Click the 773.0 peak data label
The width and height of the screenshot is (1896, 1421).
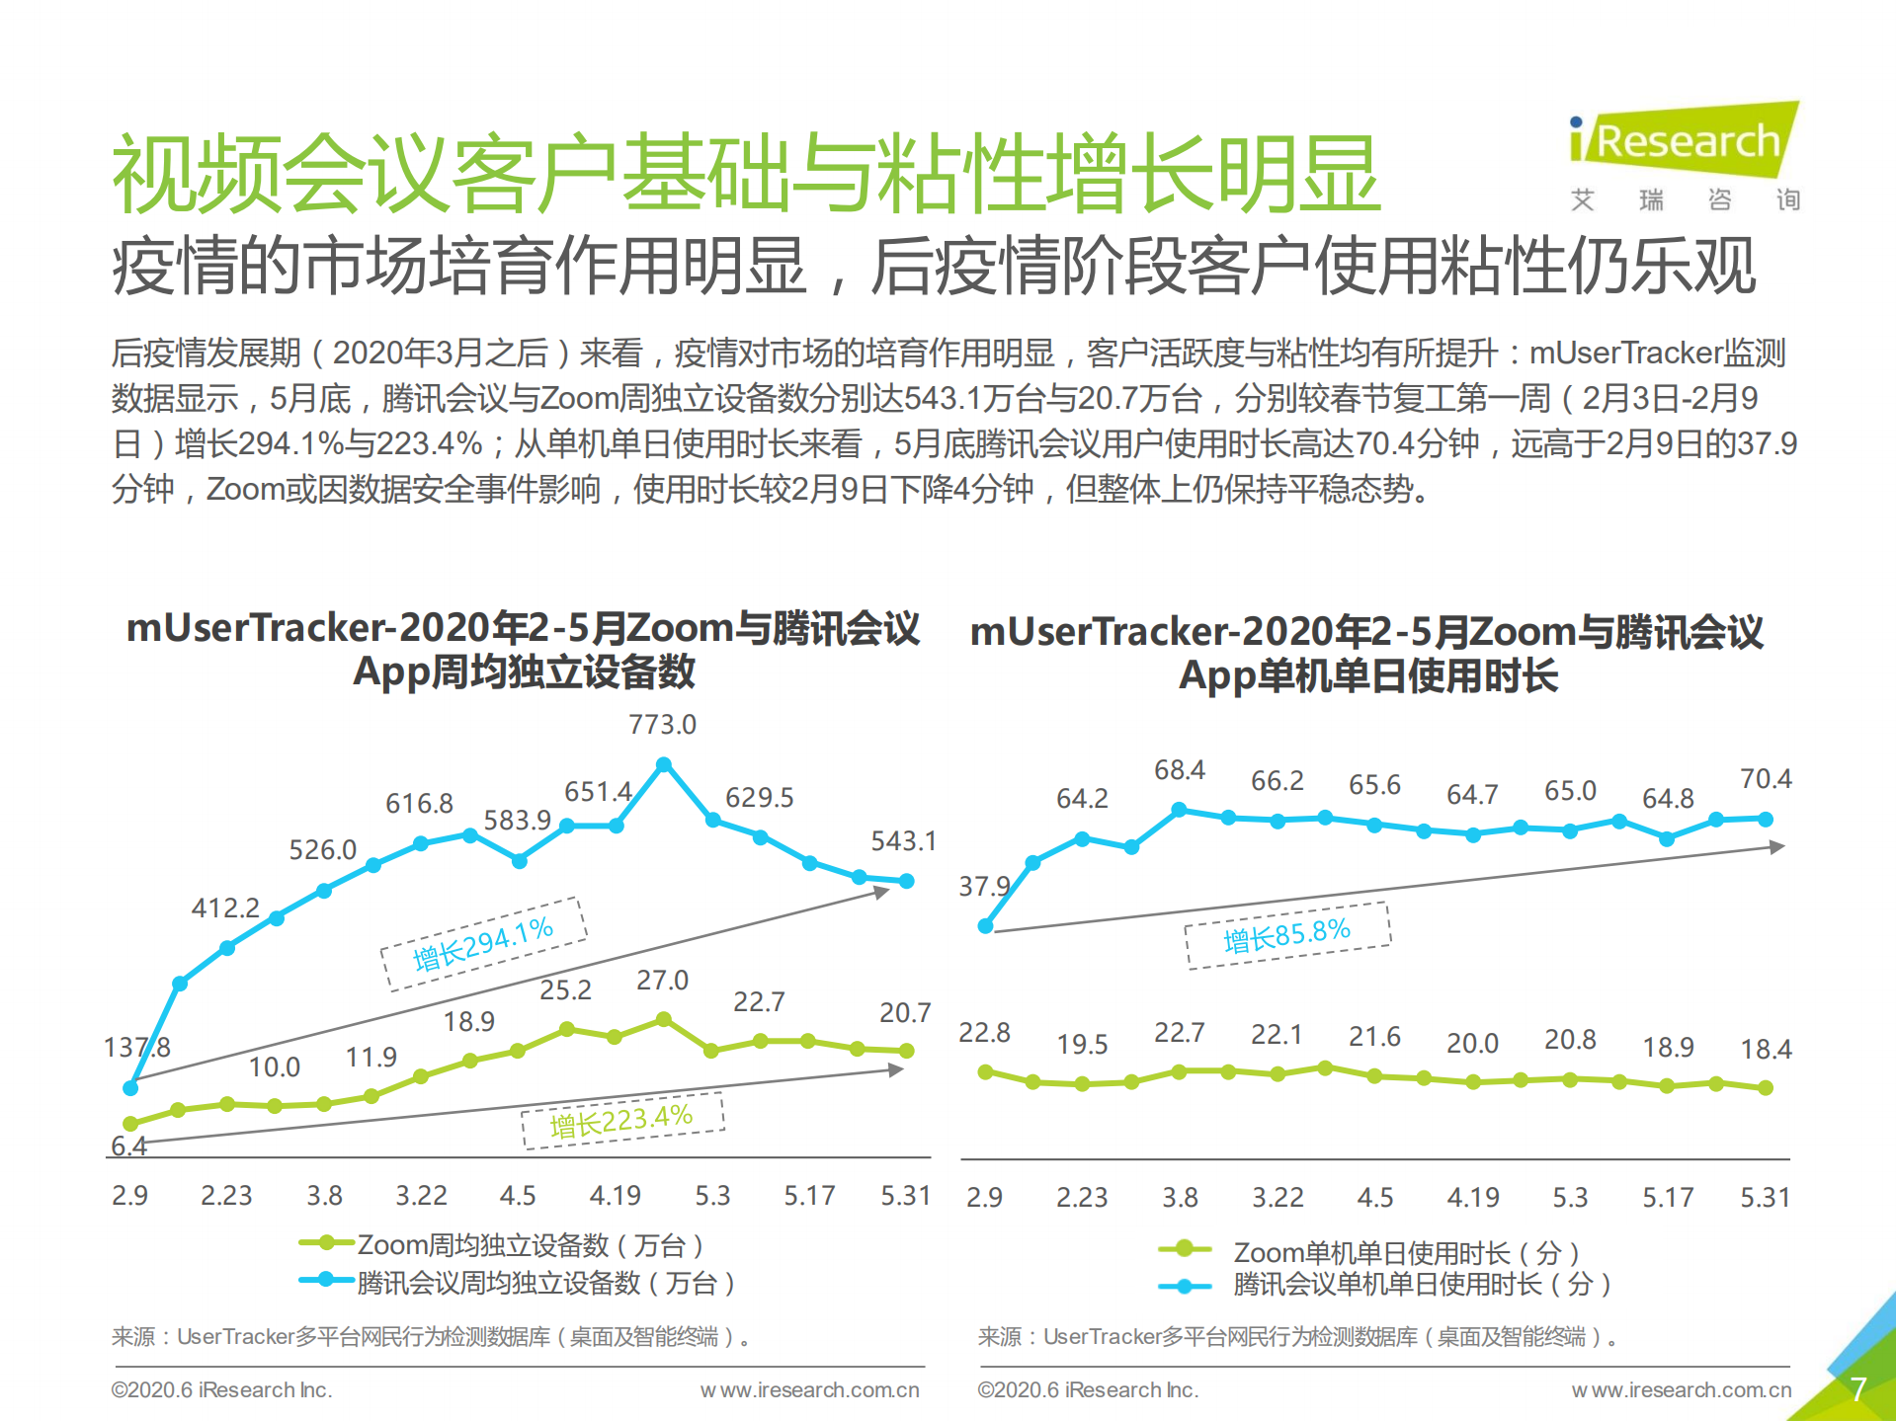tap(662, 725)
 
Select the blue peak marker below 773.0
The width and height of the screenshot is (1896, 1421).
tap(664, 764)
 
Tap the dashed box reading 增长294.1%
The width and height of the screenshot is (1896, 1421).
tap(483, 943)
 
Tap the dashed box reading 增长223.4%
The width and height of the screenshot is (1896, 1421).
tap(622, 1122)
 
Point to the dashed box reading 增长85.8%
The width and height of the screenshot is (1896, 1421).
tap(1286, 934)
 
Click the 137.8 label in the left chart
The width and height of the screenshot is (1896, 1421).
tap(136, 1047)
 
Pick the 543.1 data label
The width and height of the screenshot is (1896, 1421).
tap(903, 841)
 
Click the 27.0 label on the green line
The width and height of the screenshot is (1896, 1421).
tap(662, 981)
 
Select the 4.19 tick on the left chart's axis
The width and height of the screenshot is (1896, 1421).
tap(615, 1196)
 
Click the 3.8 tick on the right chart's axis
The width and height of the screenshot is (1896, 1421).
tap(1180, 1198)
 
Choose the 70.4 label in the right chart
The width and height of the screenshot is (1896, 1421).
tap(1766, 779)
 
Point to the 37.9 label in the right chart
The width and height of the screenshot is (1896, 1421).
tap(984, 886)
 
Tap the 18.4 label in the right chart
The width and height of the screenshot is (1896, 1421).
tap(1766, 1049)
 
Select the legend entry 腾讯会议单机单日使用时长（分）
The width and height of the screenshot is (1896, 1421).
tap(1421, 1284)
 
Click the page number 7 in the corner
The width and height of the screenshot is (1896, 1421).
tap(1857, 1389)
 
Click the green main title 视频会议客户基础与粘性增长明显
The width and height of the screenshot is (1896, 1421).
tap(746, 175)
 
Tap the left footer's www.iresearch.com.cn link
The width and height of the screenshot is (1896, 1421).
tap(809, 1390)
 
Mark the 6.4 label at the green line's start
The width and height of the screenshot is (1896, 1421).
tap(128, 1146)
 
